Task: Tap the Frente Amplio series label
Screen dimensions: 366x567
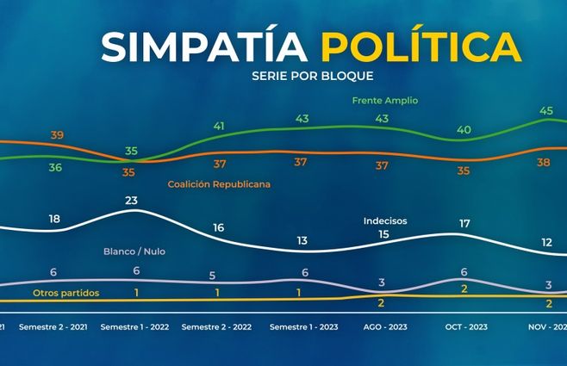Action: coord(385,101)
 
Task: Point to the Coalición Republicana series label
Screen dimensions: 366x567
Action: coord(219,184)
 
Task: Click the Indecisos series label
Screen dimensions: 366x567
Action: coord(385,220)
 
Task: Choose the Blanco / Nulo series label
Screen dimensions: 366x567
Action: coord(134,251)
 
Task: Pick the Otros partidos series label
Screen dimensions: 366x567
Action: coord(66,293)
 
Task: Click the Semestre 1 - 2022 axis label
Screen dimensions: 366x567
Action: coord(134,328)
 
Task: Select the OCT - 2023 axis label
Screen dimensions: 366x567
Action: coord(464,328)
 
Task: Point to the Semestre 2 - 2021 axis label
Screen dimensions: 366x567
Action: coord(53,328)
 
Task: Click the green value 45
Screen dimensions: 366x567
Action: coord(546,110)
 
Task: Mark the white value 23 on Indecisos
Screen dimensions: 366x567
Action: coord(132,202)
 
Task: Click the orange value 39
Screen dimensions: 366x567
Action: coord(58,135)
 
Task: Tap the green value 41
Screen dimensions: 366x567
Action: coord(219,127)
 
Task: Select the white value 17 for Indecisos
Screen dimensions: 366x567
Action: coord(464,224)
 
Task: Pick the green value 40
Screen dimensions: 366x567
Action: coord(464,130)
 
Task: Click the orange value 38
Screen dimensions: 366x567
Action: coord(545,163)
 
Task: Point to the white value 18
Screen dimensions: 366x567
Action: coord(55,220)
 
